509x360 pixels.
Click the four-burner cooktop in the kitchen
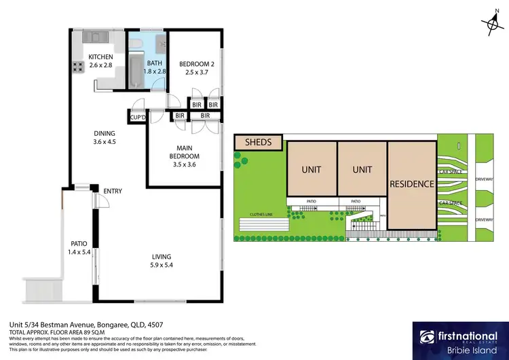[75, 67]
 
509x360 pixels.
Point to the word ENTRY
[112, 192]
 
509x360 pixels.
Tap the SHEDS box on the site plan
[258, 143]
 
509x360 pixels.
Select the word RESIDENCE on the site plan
[411, 183]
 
